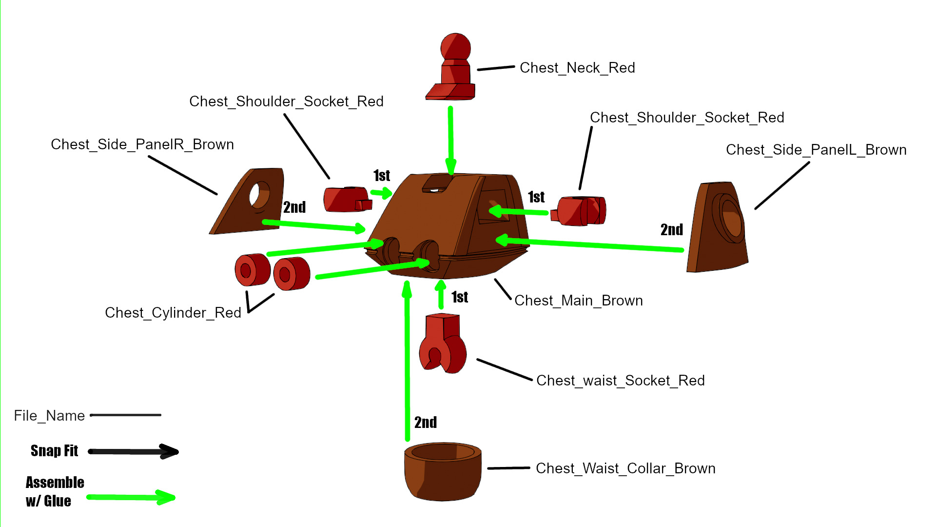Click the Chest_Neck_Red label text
click(x=577, y=68)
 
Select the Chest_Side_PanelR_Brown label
click(x=142, y=144)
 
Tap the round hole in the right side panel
click(x=258, y=195)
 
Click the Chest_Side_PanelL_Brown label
click(x=816, y=150)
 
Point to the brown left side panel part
click(x=717, y=229)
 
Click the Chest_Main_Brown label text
click(x=578, y=301)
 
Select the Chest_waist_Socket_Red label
click(x=620, y=381)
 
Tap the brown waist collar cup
click(x=443, y=472)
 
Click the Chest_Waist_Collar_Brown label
click(x=625, y=468)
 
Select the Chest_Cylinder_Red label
click(x=173, y=313)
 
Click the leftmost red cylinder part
click(x=252, y=270)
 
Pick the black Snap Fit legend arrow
click(x=133, y=451)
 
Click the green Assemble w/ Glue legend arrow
click(x=131, y=498)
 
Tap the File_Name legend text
click(x=49, y=416)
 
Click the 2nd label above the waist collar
click(x=425, y=423)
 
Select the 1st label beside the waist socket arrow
click(x=459, y=297)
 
